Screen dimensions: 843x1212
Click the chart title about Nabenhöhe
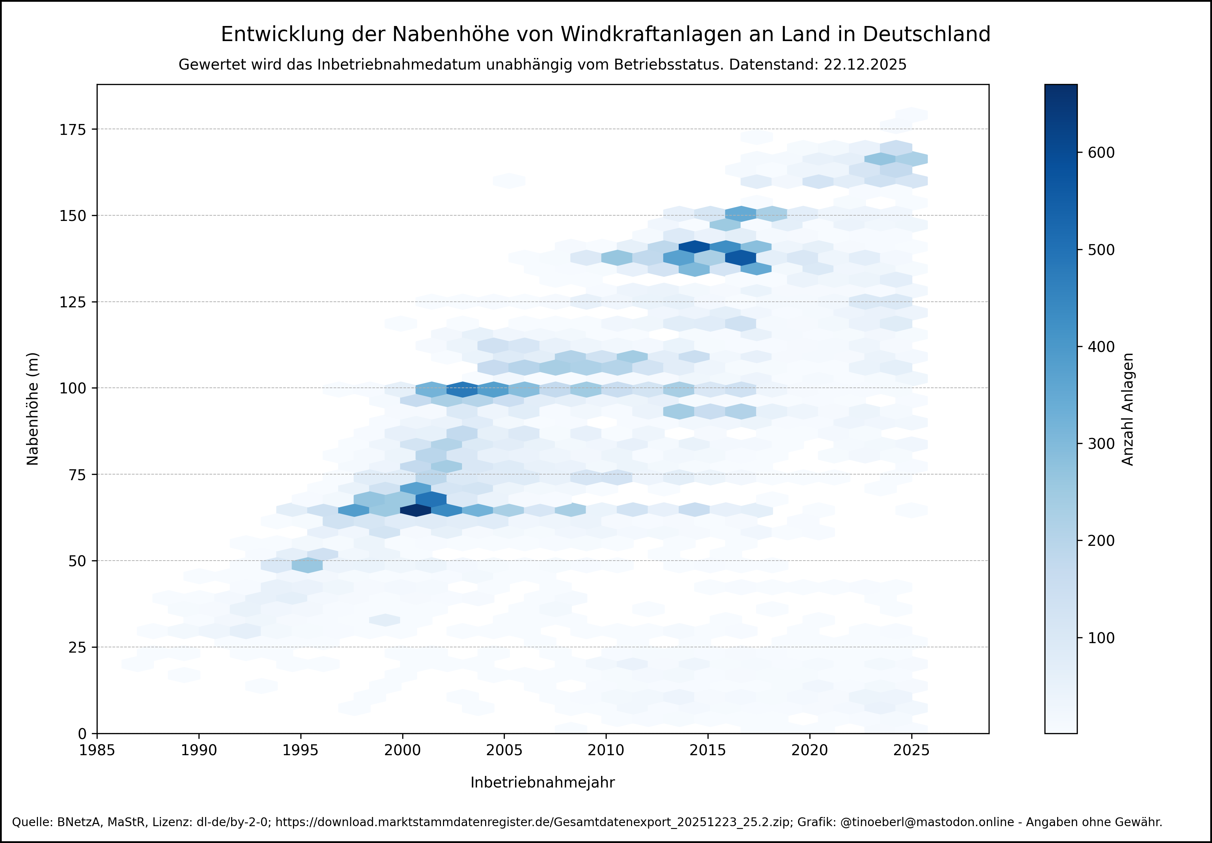pyautogui.click(x=605, y=34)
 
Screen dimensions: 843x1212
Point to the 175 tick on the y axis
pyautogui.click(x=72, y=129)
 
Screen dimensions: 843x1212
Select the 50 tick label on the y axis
pyautogui.click(x=77, y=561)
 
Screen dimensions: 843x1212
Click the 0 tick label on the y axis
pyautogui.click(x=82, y=734)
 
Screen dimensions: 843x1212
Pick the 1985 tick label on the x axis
pyautogui.click(x=97, y=750)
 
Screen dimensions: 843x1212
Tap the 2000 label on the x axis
pyautogui.click(x=402, y=750)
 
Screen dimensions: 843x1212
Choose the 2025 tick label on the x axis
pyautogui.click(x=911, y=750)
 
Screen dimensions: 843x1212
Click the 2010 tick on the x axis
pyautogui.click(x=606, y=750)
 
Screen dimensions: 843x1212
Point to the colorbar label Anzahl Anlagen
pyautogui.click(x=1128, y=409)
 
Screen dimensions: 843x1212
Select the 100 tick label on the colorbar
pyautogui.click(x=1101, y=638)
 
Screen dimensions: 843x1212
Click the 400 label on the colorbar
pyautogui.click(x=1101, y=347)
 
